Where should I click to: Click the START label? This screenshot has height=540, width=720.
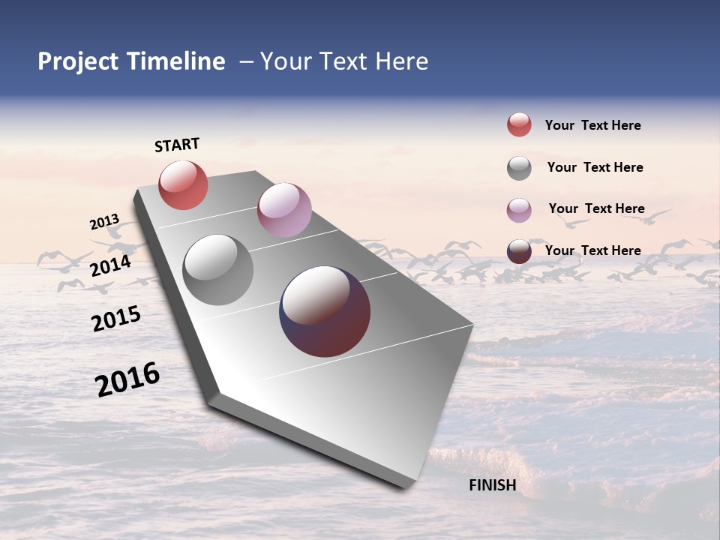coord(177,145)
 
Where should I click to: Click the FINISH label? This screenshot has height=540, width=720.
coord(492,485)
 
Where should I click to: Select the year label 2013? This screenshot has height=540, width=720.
coord(105,222)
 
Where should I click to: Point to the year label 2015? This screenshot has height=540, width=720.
coord(116,319)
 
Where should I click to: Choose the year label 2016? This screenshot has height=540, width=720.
coord(127,379)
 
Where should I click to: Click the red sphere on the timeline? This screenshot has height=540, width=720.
coord(183,185)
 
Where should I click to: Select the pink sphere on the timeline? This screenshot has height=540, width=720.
coord(284,210)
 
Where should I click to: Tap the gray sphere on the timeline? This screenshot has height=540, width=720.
coord(217,270)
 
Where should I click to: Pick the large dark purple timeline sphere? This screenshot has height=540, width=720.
coord(325,311)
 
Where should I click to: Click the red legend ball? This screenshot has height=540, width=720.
coord(519,124)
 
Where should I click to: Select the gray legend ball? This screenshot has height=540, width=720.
coord(519,168)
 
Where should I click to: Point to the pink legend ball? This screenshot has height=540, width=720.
coord(519,210)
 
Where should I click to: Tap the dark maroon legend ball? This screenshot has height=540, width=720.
coord(519,251)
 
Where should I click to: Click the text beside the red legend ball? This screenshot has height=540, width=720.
coord(592,125)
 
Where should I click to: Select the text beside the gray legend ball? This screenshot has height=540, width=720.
coord(595,167)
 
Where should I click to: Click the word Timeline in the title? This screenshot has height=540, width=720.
coord(175,61)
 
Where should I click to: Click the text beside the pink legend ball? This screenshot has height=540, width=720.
coord(596,208)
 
